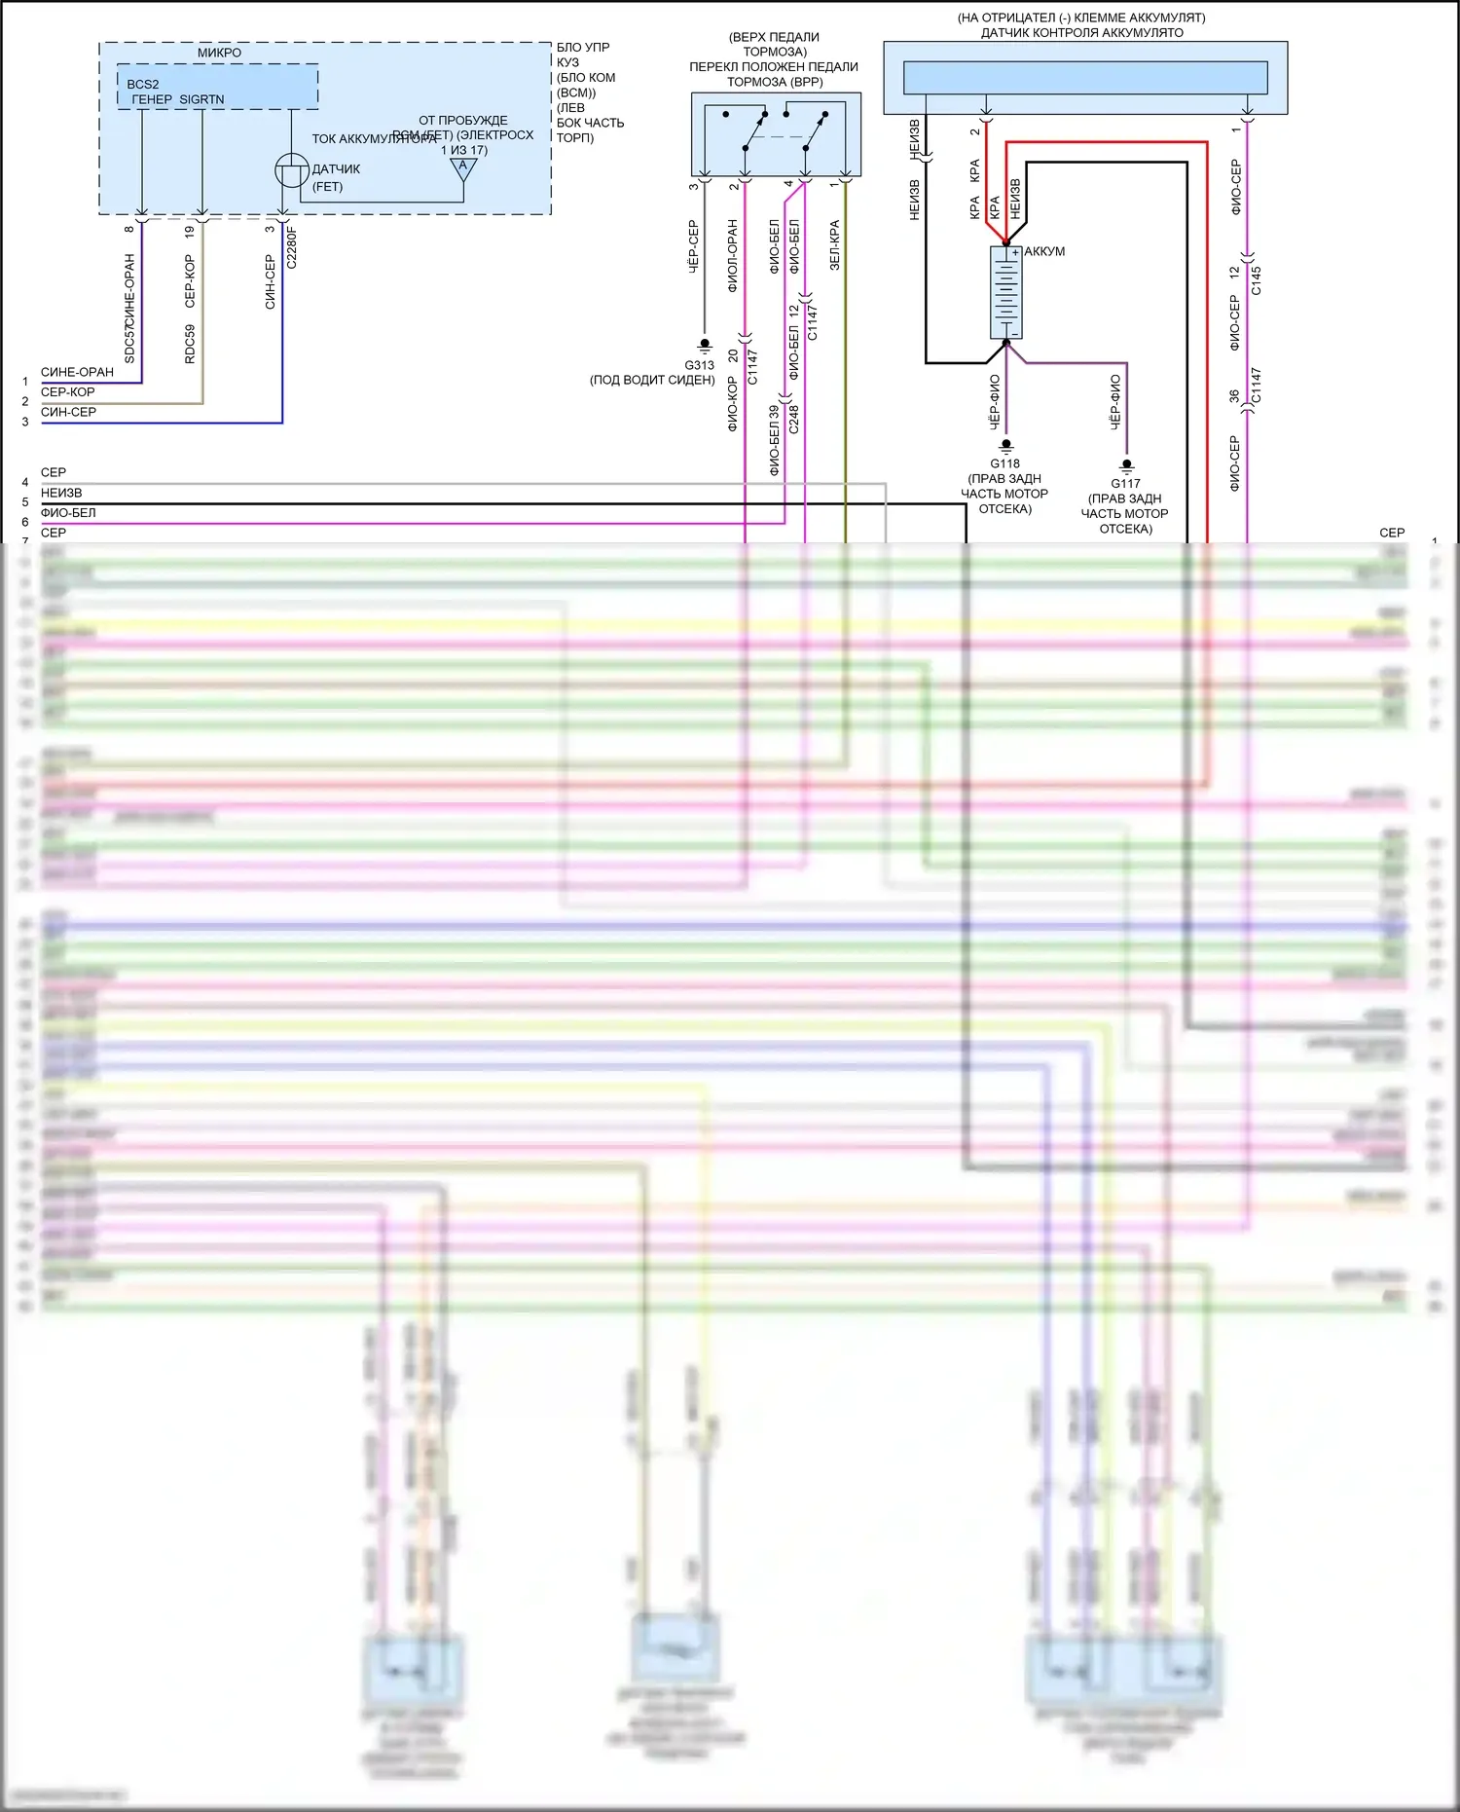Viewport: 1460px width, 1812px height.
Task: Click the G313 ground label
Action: (699, 365)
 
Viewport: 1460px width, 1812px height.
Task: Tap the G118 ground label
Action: (1005, 463)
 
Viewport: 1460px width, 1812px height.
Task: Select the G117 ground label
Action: (1126, 483)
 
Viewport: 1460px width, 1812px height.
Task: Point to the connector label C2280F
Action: (291, 247)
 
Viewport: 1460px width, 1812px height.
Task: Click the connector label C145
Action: (1256, 280)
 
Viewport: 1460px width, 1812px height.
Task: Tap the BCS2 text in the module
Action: (143, 85)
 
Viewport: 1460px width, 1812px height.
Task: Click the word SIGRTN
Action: (201, 99)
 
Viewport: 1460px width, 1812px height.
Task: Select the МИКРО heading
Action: (220, 53)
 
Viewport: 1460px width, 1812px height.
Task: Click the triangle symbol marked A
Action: (463, 168)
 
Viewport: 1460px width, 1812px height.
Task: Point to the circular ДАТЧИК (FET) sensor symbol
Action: (292, 171)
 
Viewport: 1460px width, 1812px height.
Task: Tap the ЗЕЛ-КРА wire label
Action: (834, 244)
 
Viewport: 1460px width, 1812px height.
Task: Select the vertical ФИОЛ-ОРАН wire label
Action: (732, 256)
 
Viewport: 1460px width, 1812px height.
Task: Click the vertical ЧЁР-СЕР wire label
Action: (693, 246)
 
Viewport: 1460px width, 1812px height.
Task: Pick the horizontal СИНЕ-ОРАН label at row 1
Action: (77, 372)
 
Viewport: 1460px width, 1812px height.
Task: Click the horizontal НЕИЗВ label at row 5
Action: (61, 493)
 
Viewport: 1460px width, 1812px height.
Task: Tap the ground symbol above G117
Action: (1126, 465)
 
